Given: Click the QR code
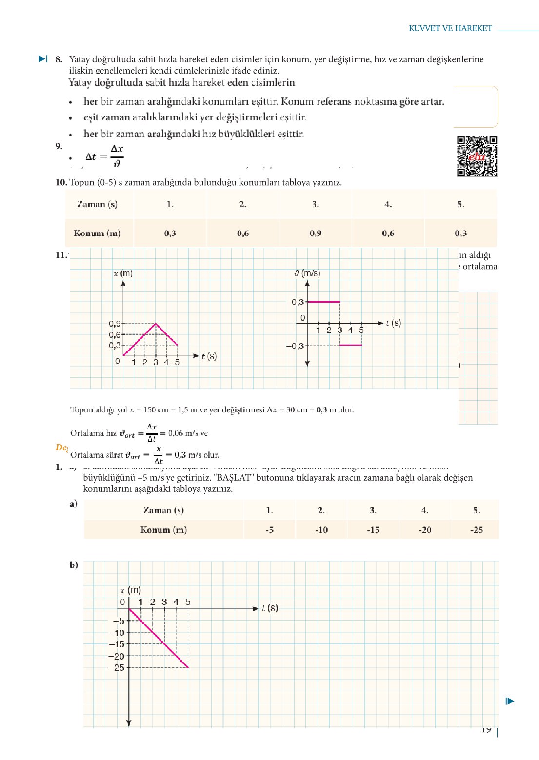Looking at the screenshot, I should pyautogui.click(x=477, y=156).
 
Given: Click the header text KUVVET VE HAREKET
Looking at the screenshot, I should pyautogui.click(x=450, y=28).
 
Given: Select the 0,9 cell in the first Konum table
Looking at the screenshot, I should pyautogui.click(x=315, y=234).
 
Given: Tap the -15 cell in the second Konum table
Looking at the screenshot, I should pyautogui.click(x=373, y=530).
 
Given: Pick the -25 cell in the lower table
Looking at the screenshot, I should pyautogui.click(x=476, y=530).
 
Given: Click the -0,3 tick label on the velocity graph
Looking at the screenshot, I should pyautogui.click(x=295, y=346).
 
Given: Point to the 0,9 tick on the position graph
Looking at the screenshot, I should pyautogui.click(x=115, y=324).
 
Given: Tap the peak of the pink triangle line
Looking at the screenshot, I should pyautogui.click(x=156, y=324).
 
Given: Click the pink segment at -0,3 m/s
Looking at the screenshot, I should pyautogui.click(x=351, y=345).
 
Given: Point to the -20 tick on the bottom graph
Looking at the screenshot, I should pyautogui.click(x=117, y=656).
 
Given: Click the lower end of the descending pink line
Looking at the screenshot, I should pyautogui.click(x=188, y=667).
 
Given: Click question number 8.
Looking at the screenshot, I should pyautogui.click(x=59, y=59).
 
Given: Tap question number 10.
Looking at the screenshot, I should pyautogui.click(x=61, y=183).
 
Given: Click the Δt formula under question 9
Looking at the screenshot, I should pyautogui.click(x=104, y=156).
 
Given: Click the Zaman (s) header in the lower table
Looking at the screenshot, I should pyautogui.click(x=163, y=510).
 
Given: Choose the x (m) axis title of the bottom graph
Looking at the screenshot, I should pyautogui.click(x=130, y=590).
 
